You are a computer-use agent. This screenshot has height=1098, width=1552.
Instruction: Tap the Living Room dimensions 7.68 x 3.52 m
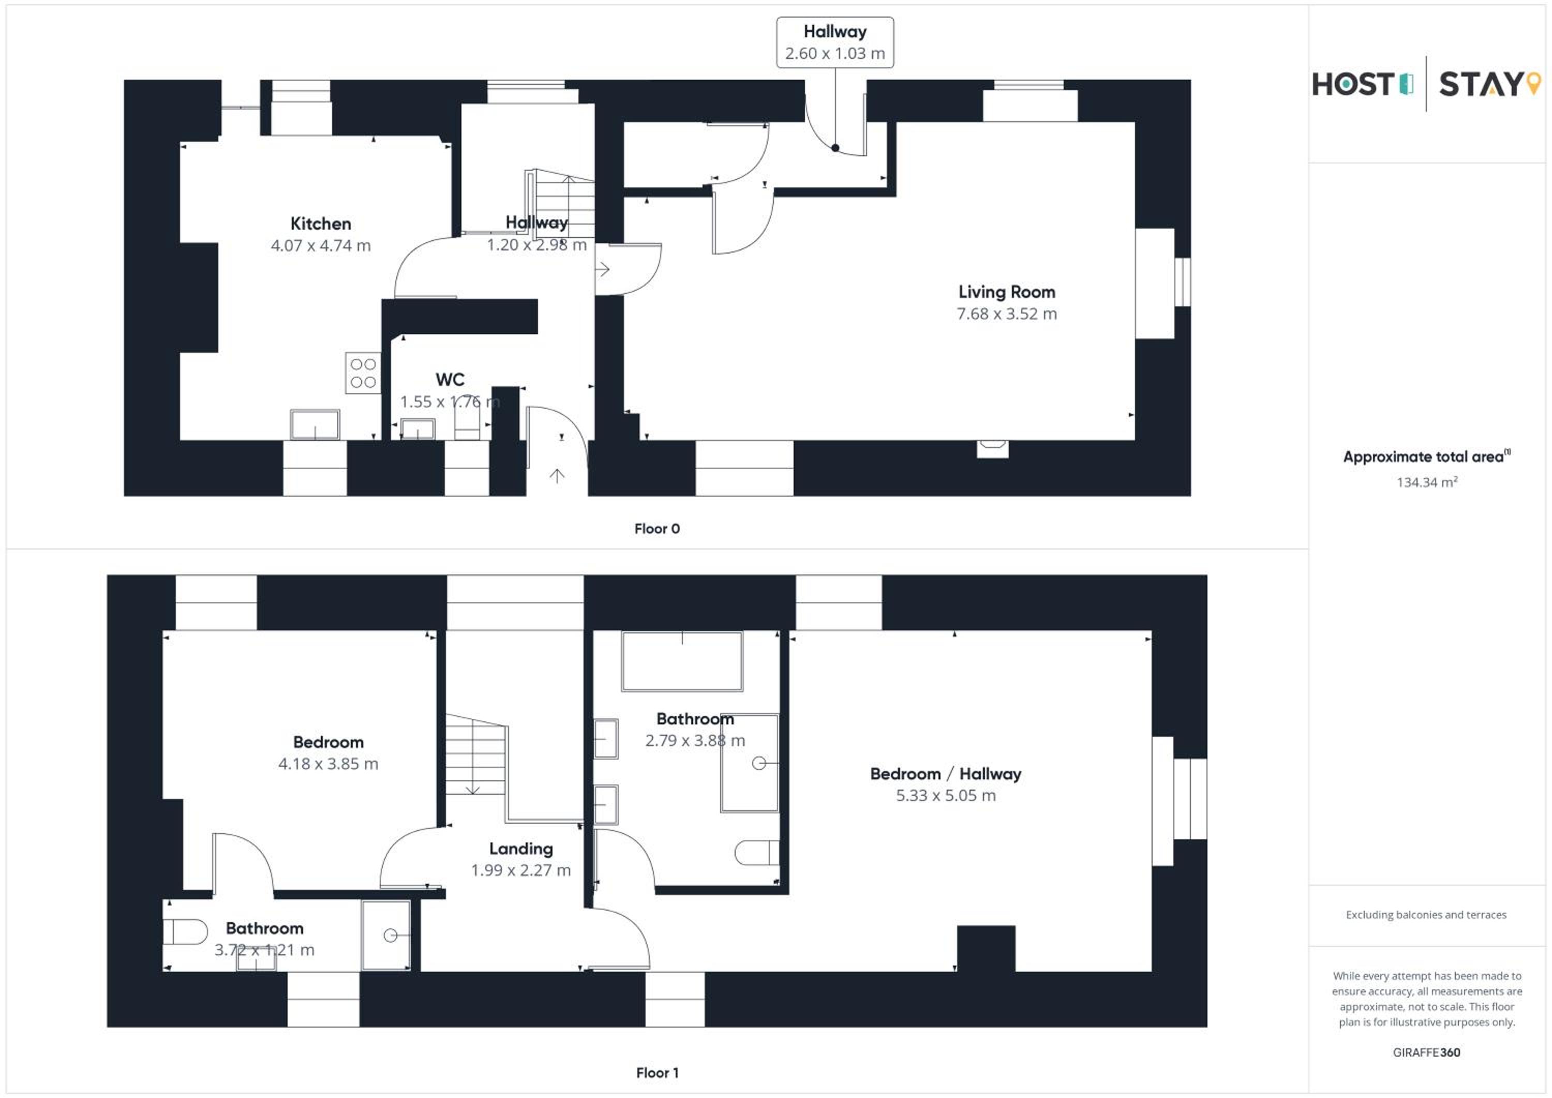[1007, 314]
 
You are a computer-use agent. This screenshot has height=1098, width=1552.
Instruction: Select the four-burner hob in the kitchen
[363, 373]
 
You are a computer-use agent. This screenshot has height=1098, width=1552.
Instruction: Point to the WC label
[450, 379]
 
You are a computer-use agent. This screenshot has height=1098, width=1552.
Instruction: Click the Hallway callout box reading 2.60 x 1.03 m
[835, 42]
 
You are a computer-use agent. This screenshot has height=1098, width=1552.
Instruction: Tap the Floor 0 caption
[657, 529]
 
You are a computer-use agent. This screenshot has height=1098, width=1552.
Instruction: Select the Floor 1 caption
[657, 1072]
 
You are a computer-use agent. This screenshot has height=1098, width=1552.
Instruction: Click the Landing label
[521, 849]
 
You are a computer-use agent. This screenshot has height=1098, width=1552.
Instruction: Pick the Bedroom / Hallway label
[946, 774]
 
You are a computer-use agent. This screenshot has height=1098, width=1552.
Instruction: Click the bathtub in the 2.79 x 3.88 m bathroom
[682, 661]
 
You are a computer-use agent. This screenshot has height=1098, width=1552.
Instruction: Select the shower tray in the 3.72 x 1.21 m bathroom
[386, 935]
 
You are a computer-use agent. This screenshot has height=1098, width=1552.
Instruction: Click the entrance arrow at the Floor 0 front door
[557, 476]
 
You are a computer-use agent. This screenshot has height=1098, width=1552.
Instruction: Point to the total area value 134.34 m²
[1427, 482]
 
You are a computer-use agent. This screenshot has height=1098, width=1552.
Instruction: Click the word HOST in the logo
[1353, 84]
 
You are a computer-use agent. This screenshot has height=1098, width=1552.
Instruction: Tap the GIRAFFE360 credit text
[1426, 1052]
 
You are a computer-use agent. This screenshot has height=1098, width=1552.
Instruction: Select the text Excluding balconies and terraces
[1426, 915]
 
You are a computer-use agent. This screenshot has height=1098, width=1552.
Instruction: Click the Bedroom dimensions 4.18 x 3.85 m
[329, 764]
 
